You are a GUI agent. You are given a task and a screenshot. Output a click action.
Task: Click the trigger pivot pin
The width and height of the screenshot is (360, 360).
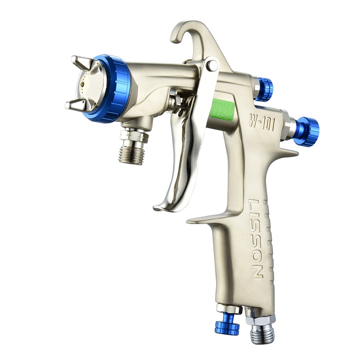click(x=212, y=65)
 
